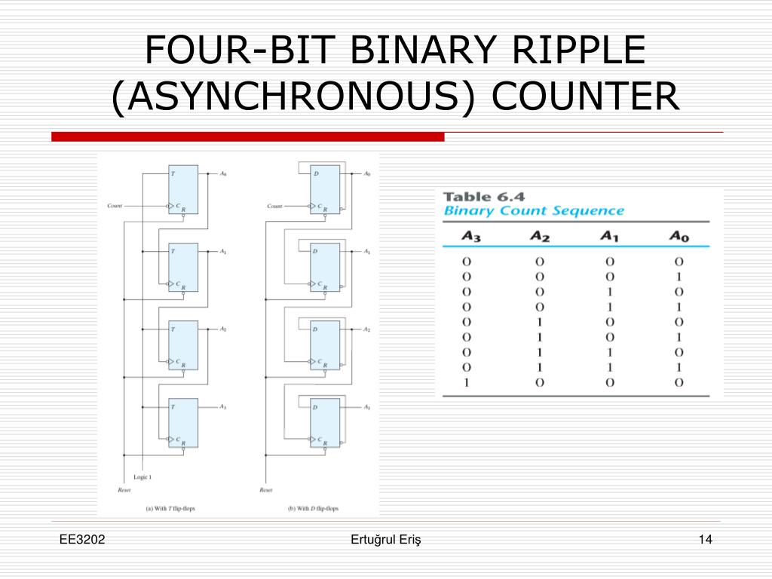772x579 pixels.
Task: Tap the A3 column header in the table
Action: point(471,236)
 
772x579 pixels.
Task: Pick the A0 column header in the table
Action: point(679,236)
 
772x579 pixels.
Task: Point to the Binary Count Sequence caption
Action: point(534,211)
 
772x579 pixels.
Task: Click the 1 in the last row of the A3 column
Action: point(466,382)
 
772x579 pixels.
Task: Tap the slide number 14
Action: point(706,539)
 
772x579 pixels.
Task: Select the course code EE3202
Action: point(83,539)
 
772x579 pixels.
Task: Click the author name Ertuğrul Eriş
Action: point(386,539)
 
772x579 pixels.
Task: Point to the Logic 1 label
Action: point(142,477)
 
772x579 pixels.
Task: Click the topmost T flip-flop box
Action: point(183,189)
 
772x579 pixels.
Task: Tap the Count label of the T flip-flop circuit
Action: point(115,205)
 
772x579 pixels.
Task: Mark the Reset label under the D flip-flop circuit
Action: point(266,490)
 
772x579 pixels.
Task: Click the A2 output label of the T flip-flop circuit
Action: point(223,329)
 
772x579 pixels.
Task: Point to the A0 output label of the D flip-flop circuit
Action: point(367,174)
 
